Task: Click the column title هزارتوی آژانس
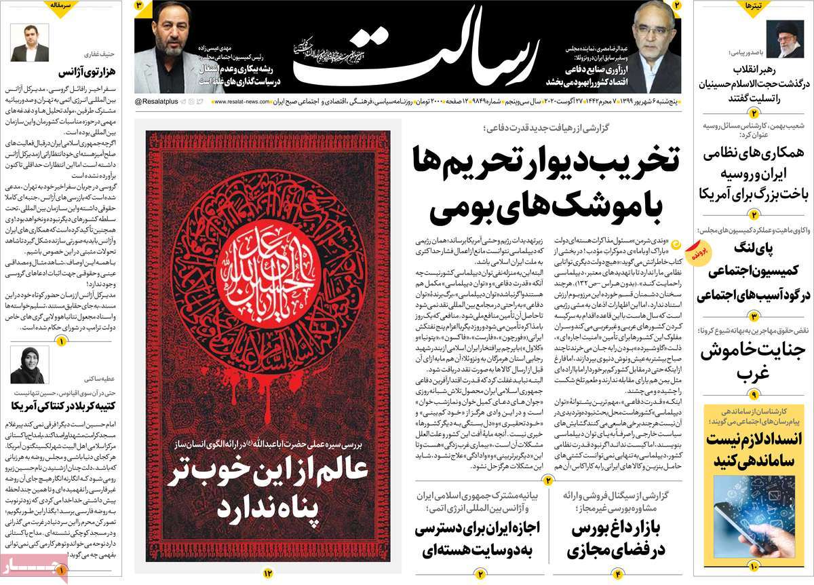(x=60, y=72)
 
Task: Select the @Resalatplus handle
(x=159, y=102)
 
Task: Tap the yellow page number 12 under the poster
(x=267, y=573)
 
